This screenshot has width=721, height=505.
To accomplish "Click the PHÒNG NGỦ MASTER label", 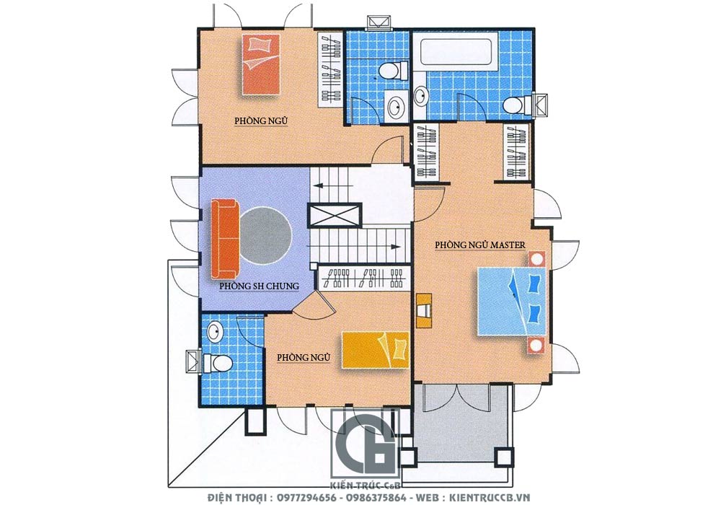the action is pyautogui.click(x=480, y=245).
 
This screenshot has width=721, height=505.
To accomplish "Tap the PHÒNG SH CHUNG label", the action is pyautogui.click(x=259, y=286).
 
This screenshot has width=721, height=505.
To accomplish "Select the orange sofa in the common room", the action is pyautogui.click(x=224, y=239).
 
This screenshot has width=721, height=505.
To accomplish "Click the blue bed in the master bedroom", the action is pyautogui.click(x=511, y=302).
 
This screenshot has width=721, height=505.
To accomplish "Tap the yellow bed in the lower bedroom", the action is pyautogui.click(x=375, y=350).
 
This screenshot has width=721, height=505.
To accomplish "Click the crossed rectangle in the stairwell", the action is pyautogui.click(x=335, y=215).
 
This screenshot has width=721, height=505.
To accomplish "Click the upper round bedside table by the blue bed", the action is pyautogui.click(x=536, y=259).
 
